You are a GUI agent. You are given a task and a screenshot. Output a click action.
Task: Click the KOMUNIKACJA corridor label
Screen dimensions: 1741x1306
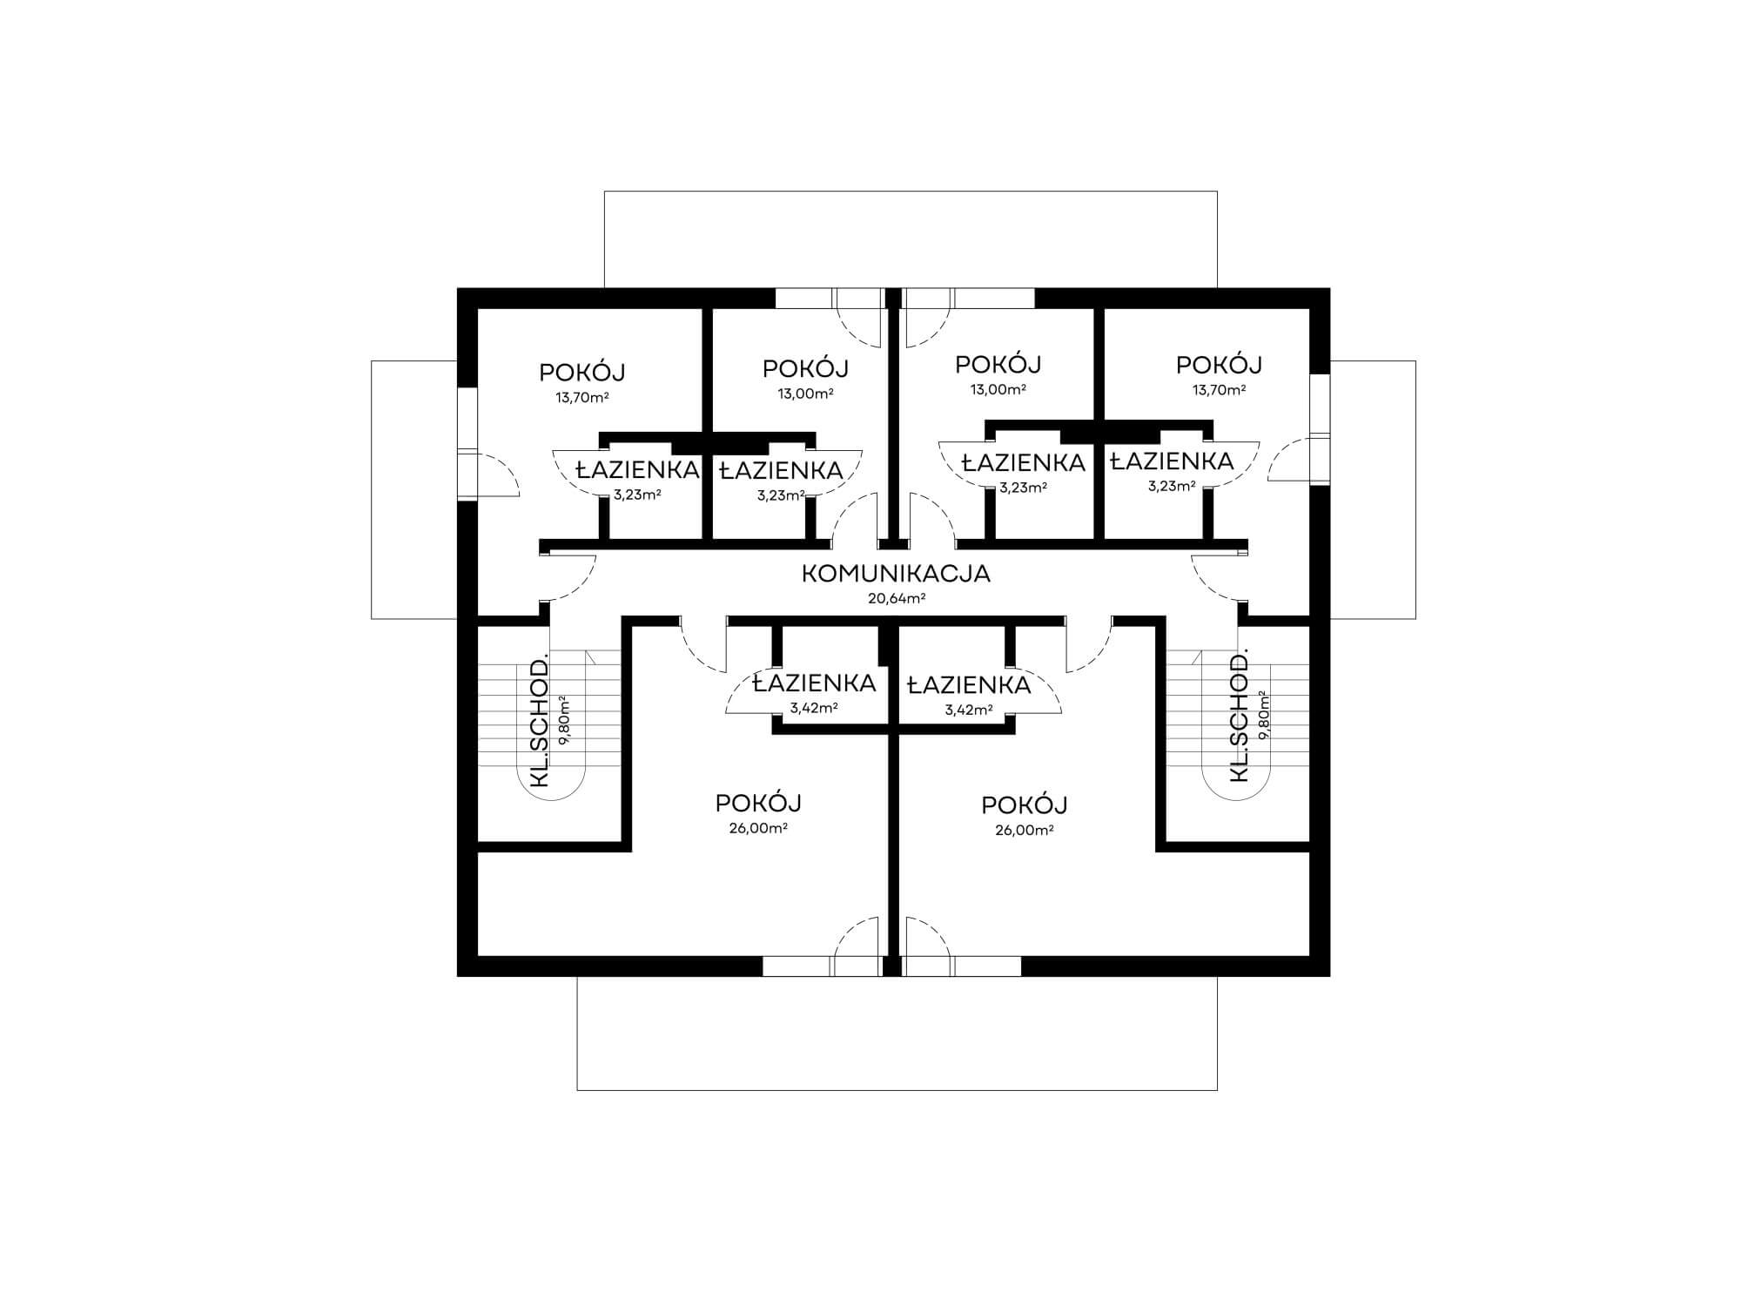[896, 575]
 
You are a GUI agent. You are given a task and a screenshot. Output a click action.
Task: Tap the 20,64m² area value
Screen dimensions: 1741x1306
[897, 599]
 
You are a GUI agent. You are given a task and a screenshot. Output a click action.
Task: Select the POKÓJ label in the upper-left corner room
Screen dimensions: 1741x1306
[582, 373]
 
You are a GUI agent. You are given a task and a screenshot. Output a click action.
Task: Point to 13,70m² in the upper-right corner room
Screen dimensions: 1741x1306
[1219, 390]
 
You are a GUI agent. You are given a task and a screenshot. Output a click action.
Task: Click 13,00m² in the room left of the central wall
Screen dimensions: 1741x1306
[806, 393]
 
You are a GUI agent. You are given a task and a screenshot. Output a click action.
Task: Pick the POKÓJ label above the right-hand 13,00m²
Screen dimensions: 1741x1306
[998, 364]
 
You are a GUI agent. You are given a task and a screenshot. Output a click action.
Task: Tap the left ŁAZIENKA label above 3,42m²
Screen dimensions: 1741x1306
[814, 683]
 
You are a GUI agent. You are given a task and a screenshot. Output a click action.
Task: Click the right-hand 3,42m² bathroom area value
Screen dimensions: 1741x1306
[969, 710]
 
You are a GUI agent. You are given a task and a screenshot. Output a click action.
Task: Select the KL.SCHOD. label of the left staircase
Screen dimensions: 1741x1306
[540, 719]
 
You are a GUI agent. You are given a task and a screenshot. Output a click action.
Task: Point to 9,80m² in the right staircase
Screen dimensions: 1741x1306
[1262, 716]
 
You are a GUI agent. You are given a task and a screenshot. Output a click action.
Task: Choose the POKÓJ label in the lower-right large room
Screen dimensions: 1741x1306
[1025, 804]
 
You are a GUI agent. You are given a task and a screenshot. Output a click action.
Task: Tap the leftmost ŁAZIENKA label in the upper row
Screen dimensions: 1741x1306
[638, 470]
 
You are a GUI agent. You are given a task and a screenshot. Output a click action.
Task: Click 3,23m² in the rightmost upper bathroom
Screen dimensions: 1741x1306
[1172, 487]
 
